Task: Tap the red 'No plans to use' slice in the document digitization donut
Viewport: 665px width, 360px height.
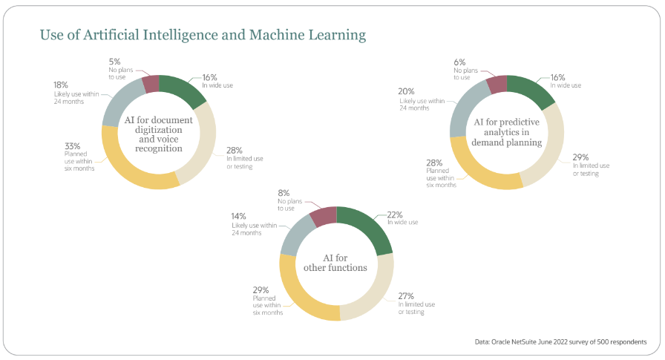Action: [x=151, y=82]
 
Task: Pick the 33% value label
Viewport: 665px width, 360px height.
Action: [x=71, y=147]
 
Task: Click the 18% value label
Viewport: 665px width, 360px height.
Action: [x=62, y=85]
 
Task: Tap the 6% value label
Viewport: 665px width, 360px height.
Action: [x=460, y=62]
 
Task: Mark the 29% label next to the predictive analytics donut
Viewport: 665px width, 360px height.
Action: [x=580, y=157]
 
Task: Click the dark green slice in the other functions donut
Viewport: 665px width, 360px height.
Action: [x=366, y=226]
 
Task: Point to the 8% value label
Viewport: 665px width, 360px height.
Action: [x=284, y=193]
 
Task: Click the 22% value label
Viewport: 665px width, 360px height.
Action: [x=394, y=215]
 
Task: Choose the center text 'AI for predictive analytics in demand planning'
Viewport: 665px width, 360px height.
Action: [x=508, y=131]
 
